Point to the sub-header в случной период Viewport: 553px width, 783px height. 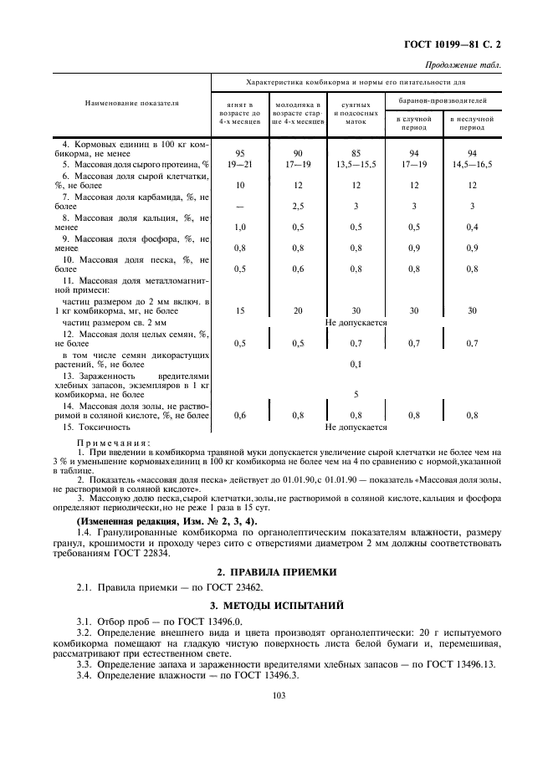(413, 124)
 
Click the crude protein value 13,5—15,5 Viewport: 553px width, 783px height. (356, 164)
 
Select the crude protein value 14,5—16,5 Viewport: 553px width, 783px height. (472, 164)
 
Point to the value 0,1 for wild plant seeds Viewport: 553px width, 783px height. (356, 364)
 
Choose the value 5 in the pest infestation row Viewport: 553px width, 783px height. (356, 394)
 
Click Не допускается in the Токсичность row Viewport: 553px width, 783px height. (356, 427)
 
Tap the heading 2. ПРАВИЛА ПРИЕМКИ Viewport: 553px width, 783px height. (277, 572)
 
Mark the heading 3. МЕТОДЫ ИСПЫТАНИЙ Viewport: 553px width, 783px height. (277, 605)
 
